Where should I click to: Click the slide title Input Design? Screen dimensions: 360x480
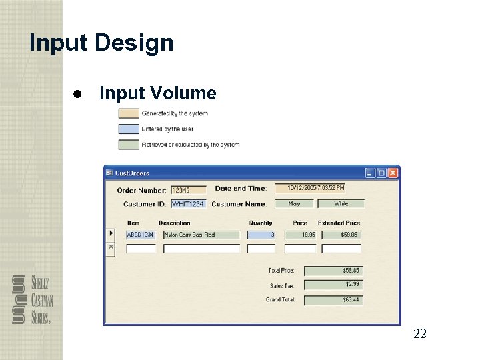click(x=101, y=43)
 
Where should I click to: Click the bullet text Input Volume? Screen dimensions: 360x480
click(x=157, y=93)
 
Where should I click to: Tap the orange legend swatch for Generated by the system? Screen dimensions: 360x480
click(x=129, y=113)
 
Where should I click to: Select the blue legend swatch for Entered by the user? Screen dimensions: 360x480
click(x=129, y=129)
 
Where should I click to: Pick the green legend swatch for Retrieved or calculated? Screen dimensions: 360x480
click(x=129, y=144)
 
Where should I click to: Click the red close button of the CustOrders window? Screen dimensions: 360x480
click(x=393, y=173)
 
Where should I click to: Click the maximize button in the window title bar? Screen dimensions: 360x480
click(x=381, y=173)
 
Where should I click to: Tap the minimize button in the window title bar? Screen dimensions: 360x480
click(x=370, y=173)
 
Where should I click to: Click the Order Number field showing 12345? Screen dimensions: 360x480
click(x=189, y=190)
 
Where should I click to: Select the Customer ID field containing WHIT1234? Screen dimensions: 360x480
click(x=188, y=203)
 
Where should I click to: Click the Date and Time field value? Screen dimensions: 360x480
click(x=309, y=189)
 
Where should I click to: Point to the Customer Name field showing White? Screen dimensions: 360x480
click(x=341, y=203)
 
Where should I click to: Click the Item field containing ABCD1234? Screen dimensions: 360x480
click(x=141, y=235)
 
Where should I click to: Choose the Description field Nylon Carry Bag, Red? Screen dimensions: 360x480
click(x=201, y=235)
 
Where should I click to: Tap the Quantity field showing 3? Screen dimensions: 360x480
click(x=261, y=235)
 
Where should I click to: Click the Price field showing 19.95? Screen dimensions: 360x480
click(x=299, y=235)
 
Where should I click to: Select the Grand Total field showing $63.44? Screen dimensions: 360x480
click(x=333, y=300)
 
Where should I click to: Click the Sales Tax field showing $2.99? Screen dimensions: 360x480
click(x=333, y=285)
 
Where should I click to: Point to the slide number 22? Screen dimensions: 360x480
click(x=420, y=333)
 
